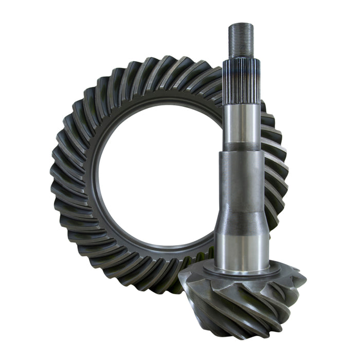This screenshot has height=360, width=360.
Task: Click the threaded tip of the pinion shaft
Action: coord(241,41)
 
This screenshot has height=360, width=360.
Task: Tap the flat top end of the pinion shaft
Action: coord(241,24)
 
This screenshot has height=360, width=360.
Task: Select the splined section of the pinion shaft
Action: coord(241,80)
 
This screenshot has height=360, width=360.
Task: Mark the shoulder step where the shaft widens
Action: coord(241,150)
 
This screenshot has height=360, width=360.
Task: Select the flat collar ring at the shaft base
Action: coord(241,268)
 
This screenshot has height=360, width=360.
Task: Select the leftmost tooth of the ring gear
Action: coord(58,170)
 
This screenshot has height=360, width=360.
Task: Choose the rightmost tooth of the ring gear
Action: coord(280,170)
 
